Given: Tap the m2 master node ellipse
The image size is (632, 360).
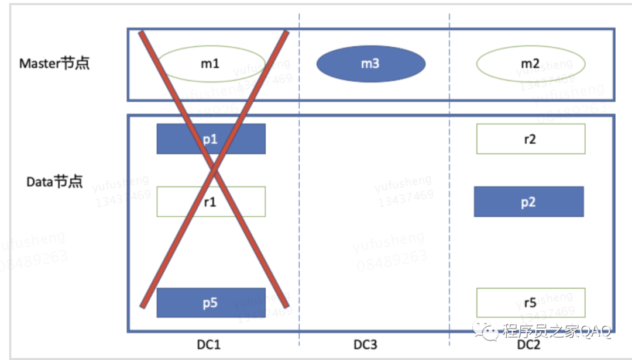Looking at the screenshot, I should tap(531, 63).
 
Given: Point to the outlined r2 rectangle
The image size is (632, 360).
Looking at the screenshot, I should tap(531, 139).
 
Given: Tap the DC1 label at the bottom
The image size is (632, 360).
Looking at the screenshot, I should tap(209, 344).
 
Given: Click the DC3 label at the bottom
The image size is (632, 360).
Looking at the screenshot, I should tap(365, 344).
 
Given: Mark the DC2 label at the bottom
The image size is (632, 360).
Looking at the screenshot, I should tap(529, 344).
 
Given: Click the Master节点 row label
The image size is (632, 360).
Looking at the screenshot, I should tap(54, 63).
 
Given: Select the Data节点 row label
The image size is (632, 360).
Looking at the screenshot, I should tap(54, 182).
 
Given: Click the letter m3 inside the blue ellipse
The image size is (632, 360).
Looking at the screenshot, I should tap(370, 63).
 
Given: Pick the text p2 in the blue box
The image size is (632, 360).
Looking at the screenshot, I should tap(528, 202).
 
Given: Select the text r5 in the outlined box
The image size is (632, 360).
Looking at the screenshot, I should tap(530, 303).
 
